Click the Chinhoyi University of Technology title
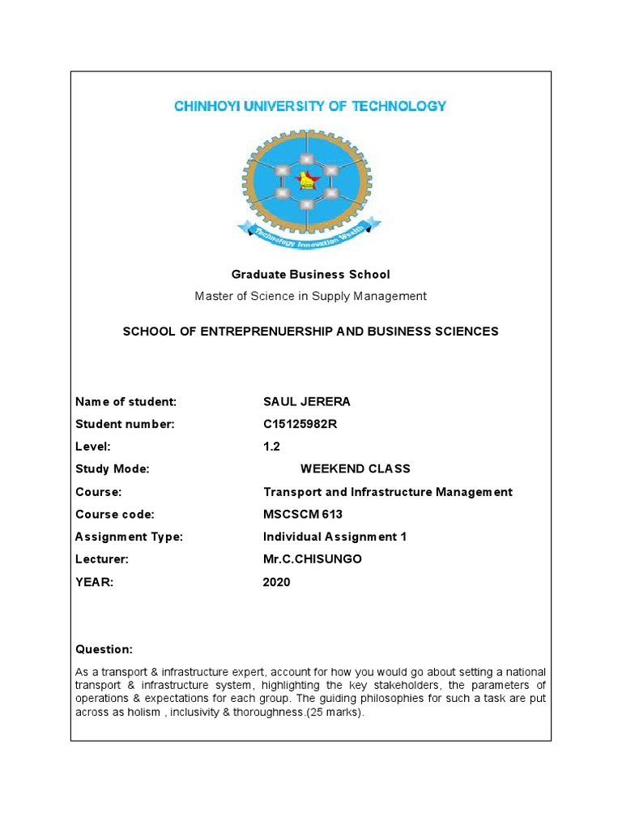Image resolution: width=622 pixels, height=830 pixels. coord(310,106)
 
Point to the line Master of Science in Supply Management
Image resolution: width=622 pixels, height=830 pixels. coord(310,296)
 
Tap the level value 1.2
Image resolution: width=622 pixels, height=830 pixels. coord(271,447)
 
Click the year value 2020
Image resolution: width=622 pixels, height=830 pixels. coord(276,582)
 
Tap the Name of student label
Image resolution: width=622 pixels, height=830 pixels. coord(126,401)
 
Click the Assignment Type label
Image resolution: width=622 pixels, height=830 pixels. coord(129,537)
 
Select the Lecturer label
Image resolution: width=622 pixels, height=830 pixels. coord(102,559)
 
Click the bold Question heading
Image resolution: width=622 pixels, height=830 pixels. coord(104,649)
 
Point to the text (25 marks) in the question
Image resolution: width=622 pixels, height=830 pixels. coord(338,712)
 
